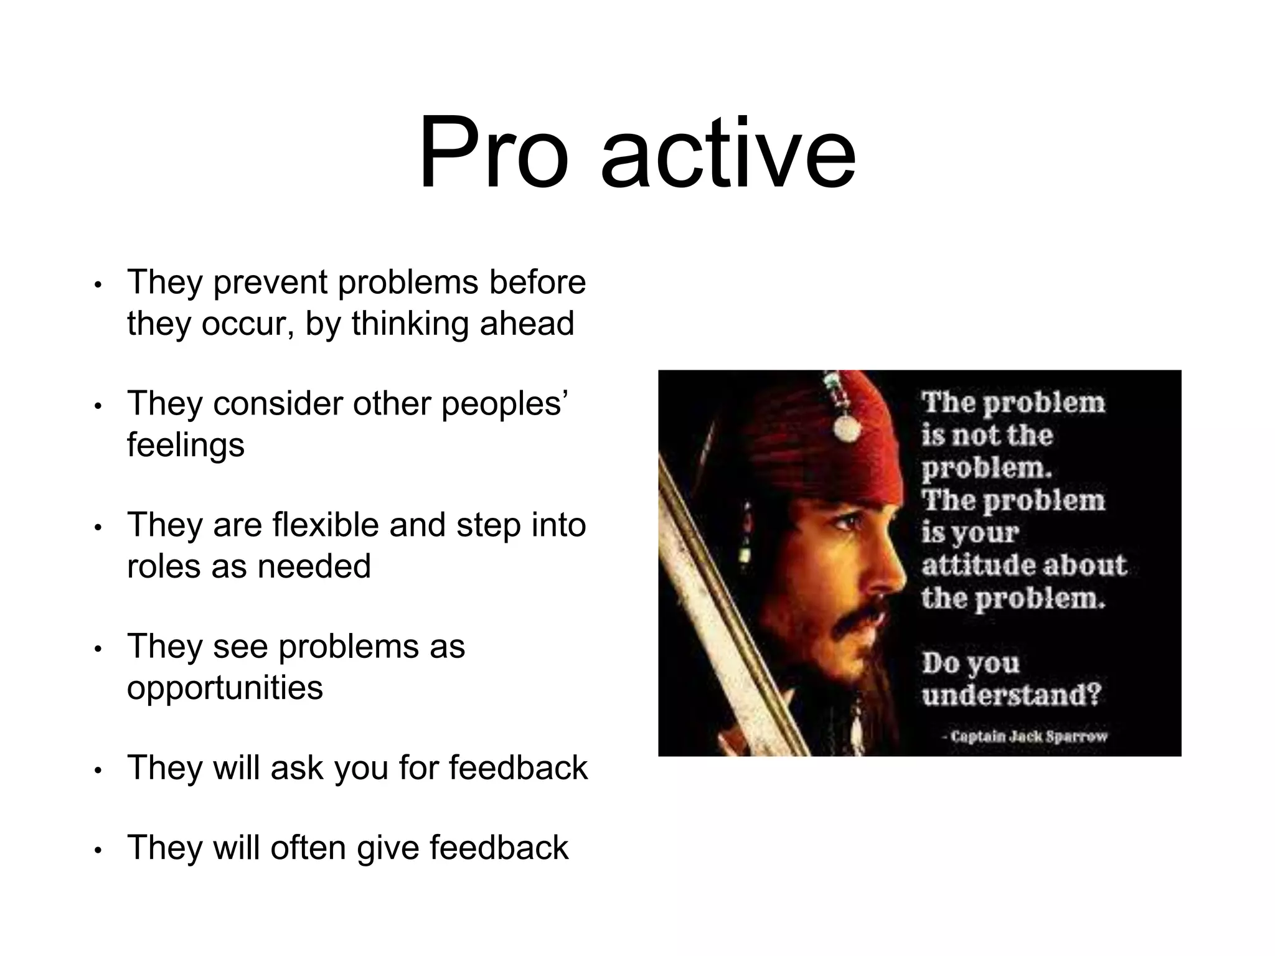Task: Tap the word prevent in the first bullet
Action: [x=270, y=283]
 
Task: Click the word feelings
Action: [x=186, y=446]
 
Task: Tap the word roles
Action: [x=164, y=566]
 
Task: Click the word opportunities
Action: [x=225, y=688]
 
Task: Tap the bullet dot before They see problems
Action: [x=97, y=649]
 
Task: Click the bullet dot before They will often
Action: [x=97, y=851]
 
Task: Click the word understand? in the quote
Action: [x=1012, y=695]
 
